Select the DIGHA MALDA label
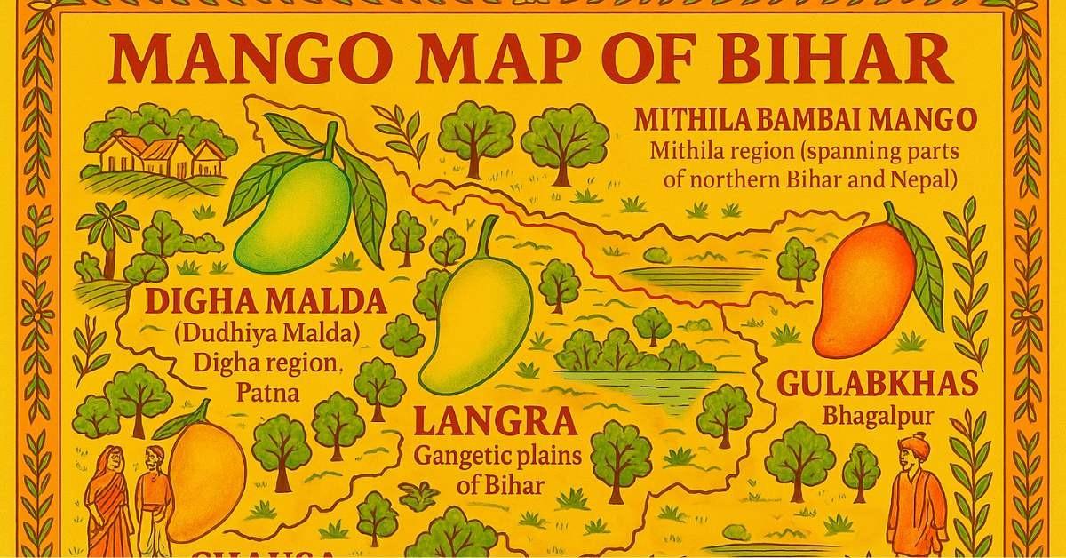(266, 302)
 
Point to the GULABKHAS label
(877, 385)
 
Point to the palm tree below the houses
(107, 235)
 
